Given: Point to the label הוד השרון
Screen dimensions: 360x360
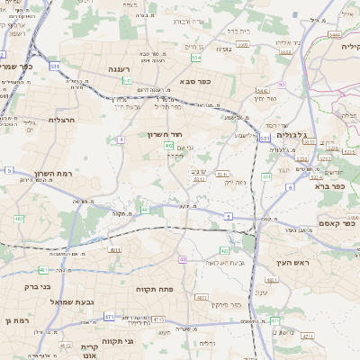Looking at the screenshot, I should [x=165, y=134].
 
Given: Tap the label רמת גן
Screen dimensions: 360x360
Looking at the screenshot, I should [x=17, y=319].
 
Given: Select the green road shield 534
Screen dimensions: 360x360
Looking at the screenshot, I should [x=196, y=58].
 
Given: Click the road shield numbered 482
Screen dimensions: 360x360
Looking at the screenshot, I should [x=20, y=219].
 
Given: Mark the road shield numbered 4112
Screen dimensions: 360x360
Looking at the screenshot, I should [x=66, y=344].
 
